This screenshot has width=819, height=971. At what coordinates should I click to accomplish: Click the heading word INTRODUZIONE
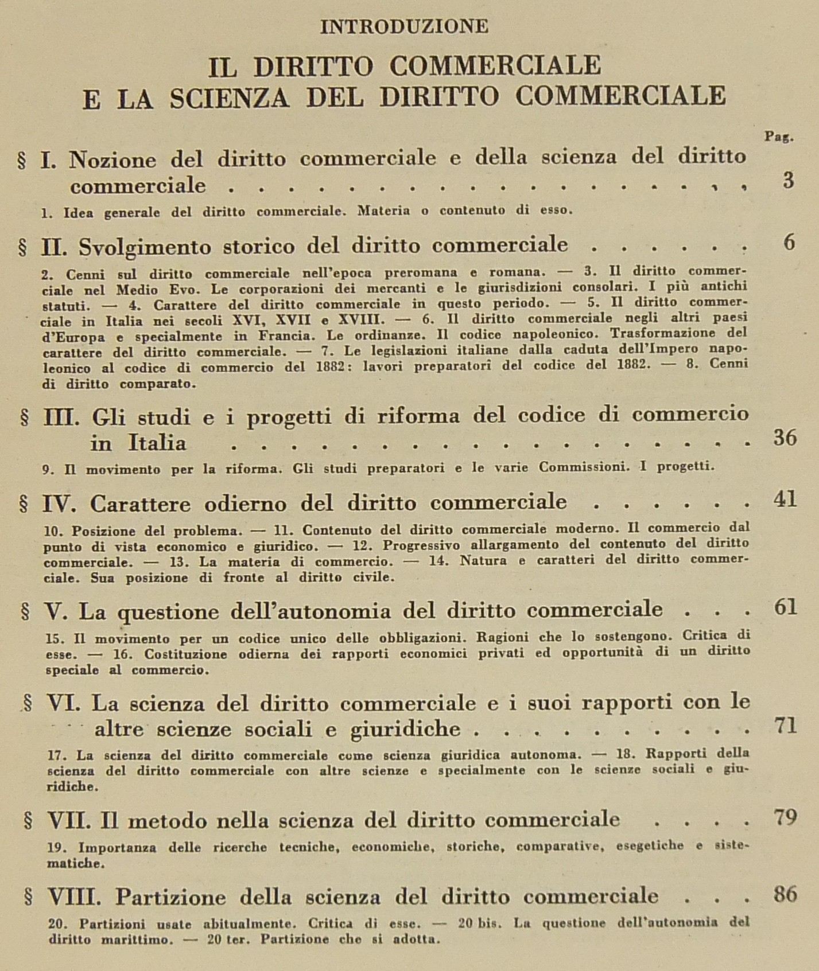[x=404, y=26]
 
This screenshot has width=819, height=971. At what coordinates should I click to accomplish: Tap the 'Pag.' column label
[x=779, y=137]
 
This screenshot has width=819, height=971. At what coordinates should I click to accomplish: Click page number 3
[x=788, y=181]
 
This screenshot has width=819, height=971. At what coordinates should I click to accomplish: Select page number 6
[x=789, y=243]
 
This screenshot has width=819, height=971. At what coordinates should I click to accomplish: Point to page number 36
[x=785, y=439]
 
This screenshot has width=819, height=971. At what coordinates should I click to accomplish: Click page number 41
[x=785, y=500]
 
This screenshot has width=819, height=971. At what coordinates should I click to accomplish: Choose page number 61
[x=785, y=607]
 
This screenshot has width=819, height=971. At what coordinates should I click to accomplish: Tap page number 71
[x=785, y=727]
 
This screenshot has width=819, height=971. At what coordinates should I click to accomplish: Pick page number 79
[x=785, y=818]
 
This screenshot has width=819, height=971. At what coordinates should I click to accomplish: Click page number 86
[x=785, y=895]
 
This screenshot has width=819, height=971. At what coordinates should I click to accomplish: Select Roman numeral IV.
[x=60, y=504]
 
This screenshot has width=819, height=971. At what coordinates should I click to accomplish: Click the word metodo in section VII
[x=164, y=821]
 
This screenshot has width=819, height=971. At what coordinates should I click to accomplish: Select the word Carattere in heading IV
[x=139, y=504]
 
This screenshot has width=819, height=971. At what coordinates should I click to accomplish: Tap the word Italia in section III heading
[x=157, y=443]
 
